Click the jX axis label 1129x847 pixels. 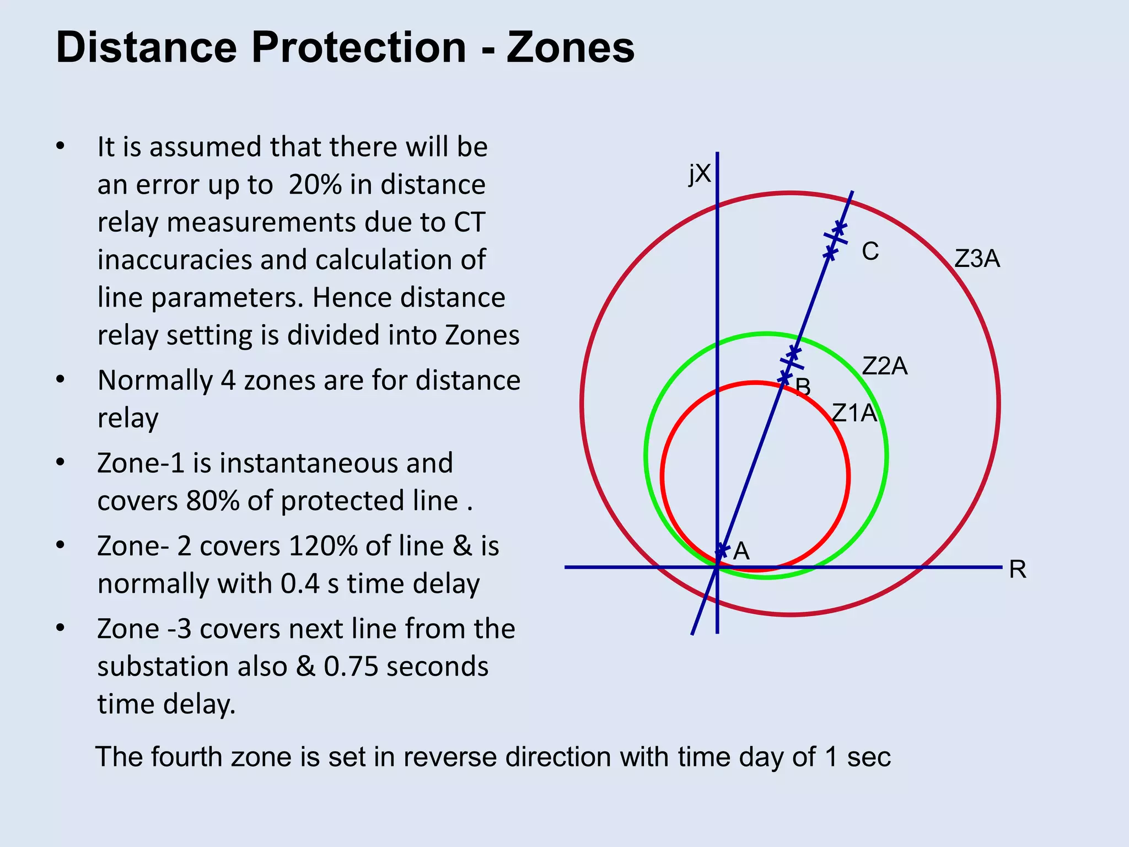point(700,174)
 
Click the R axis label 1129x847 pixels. point(1018,570)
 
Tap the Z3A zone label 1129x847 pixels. point(977,259)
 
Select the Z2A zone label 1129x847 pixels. point(884,366)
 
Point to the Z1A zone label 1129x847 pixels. point(854,413)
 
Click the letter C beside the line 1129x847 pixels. point(870,251)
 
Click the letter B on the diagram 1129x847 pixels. point(803,387)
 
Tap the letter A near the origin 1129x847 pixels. point(741,551)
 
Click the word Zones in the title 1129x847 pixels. point(571,47)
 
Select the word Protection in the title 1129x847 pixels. point(359,47)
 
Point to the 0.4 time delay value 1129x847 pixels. point(300,583)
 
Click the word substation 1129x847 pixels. point(192,666)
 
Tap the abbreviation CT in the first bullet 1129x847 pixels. point(469,222)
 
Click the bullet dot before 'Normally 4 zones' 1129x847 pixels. point(61,380)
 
